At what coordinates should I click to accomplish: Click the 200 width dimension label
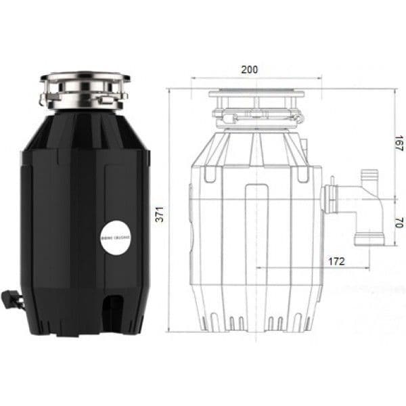[249, 69]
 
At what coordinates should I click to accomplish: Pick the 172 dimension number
[336, 260]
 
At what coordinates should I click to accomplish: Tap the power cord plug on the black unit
[14, 298]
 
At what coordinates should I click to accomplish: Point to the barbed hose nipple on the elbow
[370, 177]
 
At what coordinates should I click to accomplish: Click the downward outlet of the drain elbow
[369, 238]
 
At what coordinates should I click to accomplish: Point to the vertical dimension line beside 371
[171, 210]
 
